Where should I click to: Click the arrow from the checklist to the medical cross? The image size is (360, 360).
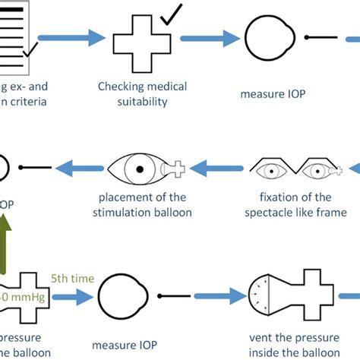[71, 36]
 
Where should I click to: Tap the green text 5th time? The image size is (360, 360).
[73, 279]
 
